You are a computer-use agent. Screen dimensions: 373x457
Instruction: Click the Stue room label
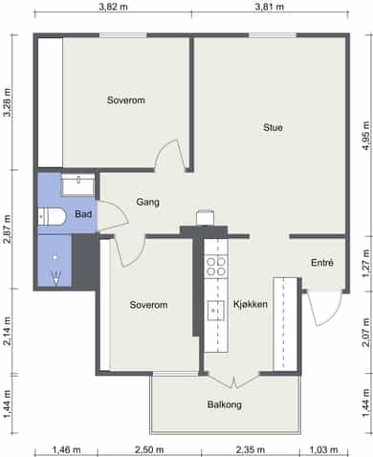273,127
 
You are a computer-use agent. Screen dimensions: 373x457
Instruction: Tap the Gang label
148,202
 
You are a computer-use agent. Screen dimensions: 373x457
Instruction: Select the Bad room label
83,214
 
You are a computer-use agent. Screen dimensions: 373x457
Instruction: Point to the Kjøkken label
251,304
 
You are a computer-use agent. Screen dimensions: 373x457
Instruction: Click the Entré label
322,263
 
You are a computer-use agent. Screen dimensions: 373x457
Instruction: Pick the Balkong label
225,404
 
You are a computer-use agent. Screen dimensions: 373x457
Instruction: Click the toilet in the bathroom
52,217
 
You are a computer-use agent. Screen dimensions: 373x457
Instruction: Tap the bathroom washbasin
78,185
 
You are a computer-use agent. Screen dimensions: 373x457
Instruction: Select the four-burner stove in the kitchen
216,267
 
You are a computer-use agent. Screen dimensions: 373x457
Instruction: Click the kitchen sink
216,311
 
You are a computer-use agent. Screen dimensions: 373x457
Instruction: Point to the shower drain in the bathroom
55,257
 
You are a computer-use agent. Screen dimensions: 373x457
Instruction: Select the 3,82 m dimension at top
113,7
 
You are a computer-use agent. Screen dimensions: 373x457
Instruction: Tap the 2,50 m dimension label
149,450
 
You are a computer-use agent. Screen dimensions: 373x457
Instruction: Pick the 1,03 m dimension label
323,450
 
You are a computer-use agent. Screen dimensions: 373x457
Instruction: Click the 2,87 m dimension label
7,228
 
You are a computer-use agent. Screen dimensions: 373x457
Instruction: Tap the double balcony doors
233,381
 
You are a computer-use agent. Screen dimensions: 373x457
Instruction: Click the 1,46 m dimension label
66,450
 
